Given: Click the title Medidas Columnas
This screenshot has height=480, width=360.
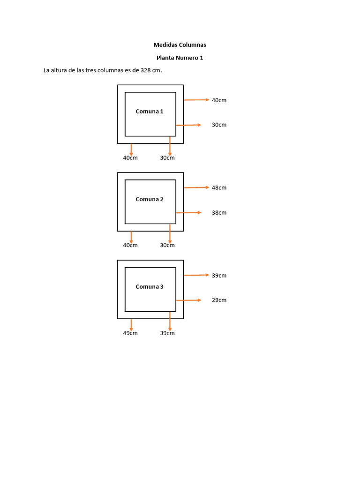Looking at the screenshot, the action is [x=180, y=45].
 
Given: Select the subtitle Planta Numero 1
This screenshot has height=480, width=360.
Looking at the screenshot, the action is [x=180, y=58].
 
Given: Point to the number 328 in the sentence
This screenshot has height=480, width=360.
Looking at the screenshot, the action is [x=145, y=70].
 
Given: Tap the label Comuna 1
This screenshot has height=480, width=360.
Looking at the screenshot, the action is [x=150, y=112].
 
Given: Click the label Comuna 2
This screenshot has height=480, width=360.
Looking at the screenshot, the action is [x=150, y=199].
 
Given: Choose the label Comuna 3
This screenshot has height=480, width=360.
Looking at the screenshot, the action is [x=150, y=287].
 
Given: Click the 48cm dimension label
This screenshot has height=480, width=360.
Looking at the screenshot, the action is [x=219, y=187].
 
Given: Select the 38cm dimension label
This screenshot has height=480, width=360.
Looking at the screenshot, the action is [x=219, y=213].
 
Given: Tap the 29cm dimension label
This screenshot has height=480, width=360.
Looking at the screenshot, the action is [x=219, y=300].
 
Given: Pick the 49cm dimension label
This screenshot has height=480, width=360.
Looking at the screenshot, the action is [x=130, y=333].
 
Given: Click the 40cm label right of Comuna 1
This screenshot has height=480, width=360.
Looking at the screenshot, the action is [x=219, y=100].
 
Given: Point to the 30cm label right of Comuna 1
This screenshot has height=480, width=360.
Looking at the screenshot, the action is [x=219, y=125].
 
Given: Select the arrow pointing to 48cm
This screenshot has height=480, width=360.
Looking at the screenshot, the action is [x=196, y=187].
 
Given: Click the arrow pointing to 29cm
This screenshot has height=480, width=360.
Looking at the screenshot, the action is [x=188, y=300].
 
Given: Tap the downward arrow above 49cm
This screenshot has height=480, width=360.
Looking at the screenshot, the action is [x=131, y=325].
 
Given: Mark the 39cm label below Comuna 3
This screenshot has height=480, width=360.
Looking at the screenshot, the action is [x=167, y=333].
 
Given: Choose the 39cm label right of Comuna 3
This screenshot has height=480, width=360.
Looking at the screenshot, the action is [x=219, y=276].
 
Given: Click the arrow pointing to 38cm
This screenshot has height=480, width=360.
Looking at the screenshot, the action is [x=188, y=212].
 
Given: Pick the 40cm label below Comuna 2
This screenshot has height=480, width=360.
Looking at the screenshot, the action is [x=130, y=245].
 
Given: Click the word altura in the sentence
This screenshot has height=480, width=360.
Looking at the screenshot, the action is [x=59, y=70].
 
